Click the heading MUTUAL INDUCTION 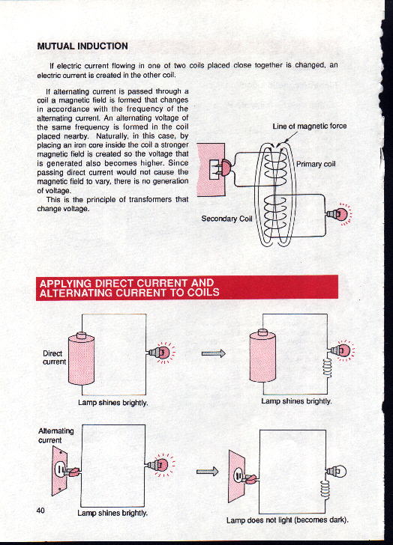pyautogui.click(x=82, y=46)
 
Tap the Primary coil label pyautogui.click(x=316, y=164)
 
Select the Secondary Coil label pyautogui.click(x=226, y=219)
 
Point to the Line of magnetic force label pyautogui.click(x=310, y=126)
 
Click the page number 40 pyautogui.click(x=40, y=511)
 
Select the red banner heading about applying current pyautogui.click(x=187, y=287)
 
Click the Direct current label pyautogui.click(x=54, y=358)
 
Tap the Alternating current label pyautogui.click(x=55, y=436)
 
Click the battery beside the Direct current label pyautogui.click(x=81, y=359)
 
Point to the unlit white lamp pyautogui.click(x=337, y=472)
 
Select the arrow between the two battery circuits pyautogui.click(x=214, y=353)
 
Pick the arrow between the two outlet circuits pyautogui.click(x=207, y=472)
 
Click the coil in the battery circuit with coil pyautogui.click(x=327, y=368)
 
